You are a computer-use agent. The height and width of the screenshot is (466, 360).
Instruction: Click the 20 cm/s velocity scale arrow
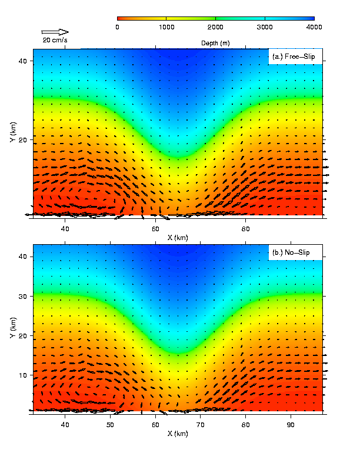55,32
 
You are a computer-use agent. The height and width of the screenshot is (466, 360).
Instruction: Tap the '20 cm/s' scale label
55,40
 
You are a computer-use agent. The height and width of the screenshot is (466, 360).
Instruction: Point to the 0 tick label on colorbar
118,26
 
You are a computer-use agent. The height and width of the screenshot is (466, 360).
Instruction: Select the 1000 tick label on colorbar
166,26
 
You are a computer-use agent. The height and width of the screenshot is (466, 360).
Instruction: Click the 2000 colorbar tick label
216,26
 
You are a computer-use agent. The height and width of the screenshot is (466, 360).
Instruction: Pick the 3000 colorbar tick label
265,26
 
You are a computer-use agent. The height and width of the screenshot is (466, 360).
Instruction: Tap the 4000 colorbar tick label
314,26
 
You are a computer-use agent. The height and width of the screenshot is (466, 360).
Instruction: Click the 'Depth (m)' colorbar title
216,44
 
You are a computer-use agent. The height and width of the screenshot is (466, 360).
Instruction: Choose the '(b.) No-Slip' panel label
291,252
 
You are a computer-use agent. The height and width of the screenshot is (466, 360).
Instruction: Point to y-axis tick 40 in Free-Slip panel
26,61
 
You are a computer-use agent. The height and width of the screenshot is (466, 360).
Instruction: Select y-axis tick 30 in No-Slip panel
26,297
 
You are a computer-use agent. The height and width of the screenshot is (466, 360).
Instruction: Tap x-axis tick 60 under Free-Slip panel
156,229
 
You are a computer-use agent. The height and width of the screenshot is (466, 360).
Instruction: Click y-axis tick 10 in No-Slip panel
26,375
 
